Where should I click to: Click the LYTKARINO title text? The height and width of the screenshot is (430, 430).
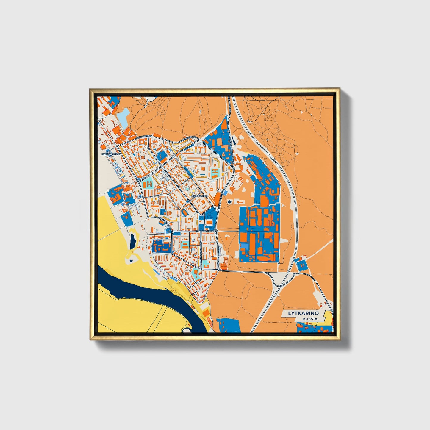(303, 313)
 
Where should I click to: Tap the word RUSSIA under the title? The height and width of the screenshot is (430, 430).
(309, 319)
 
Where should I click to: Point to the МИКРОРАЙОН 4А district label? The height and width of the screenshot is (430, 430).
(111, 155)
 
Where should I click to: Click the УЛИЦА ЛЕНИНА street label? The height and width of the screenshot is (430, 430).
(205, 231)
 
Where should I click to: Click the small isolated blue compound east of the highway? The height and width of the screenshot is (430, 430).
(301, 264)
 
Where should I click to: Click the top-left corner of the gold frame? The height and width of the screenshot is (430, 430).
(90, 89)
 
